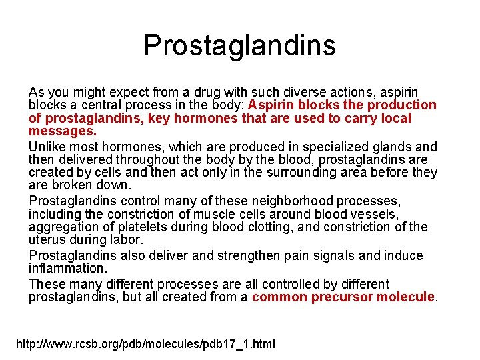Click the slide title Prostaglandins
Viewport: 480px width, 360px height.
pyautogui.click(x=239, y=45)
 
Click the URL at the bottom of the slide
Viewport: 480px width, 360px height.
pyautogui.click(x=145, y=345)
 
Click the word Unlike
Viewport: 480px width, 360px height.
pyautogui.click(x=47, y=147)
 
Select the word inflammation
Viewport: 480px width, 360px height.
pyautogui.click(x=67, y=268)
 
